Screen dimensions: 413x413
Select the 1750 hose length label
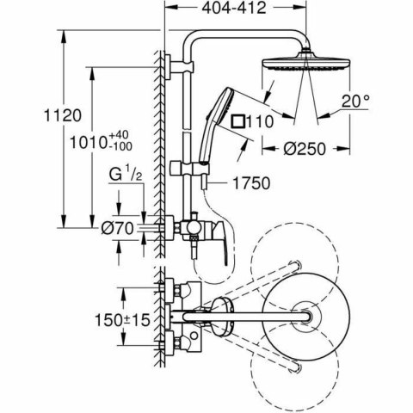point(250,182)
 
